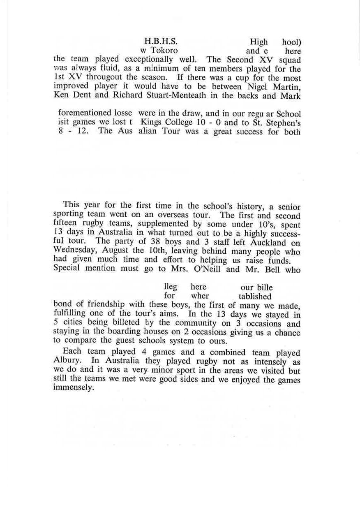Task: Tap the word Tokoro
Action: [164, 51]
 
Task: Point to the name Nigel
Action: [258, 86]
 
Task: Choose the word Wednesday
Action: [74, 251]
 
